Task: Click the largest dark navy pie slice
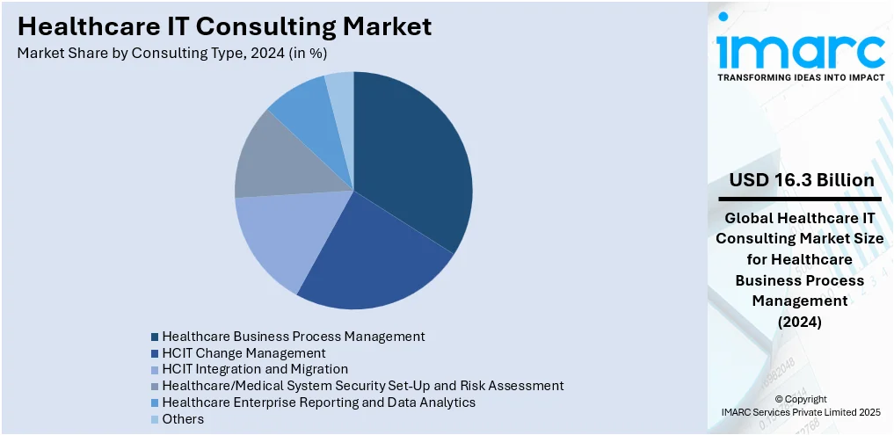[409, 158]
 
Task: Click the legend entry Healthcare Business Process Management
[293, 337]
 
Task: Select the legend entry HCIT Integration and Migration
[255, 369]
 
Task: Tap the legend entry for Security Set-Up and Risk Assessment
[362, 386]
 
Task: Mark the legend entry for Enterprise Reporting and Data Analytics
[318, 402]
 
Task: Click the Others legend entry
[183, 419]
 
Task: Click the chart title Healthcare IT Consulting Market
[225, 26]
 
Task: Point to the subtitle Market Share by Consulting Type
[172, 54]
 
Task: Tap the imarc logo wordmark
[800, 50]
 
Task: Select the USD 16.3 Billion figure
[801, 180]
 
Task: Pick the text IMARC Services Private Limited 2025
[801, 411]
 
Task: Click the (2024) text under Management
[800, 323]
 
